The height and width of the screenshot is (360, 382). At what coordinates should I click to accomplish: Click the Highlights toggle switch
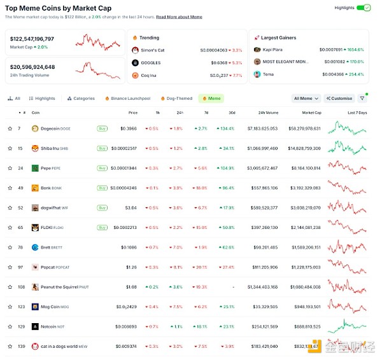tap(363, 8)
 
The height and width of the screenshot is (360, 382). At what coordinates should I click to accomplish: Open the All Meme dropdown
tap(306, 99)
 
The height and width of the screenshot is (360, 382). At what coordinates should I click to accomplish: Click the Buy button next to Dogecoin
tap(102, 128)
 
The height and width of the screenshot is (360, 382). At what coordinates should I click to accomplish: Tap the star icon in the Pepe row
tap(10, 169)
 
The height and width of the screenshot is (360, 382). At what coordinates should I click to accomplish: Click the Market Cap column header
tap(311, 113)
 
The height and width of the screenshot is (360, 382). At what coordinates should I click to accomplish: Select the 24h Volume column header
tap(267, 113)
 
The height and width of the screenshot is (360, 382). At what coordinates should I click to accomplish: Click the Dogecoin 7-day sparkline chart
tap(347, 128)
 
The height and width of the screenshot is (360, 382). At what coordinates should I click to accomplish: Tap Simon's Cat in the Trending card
tap(153, 50)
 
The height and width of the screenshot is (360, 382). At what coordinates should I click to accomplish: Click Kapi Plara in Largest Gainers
tap(274, 50)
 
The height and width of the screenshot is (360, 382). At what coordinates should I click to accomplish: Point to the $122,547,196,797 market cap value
tap(32, 39)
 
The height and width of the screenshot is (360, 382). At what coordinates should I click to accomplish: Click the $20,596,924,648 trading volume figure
tap(32, 67)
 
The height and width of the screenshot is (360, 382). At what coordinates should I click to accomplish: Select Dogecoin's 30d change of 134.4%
tap(225, 128)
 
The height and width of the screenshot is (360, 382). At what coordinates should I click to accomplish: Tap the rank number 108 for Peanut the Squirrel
tap(21, 287)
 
